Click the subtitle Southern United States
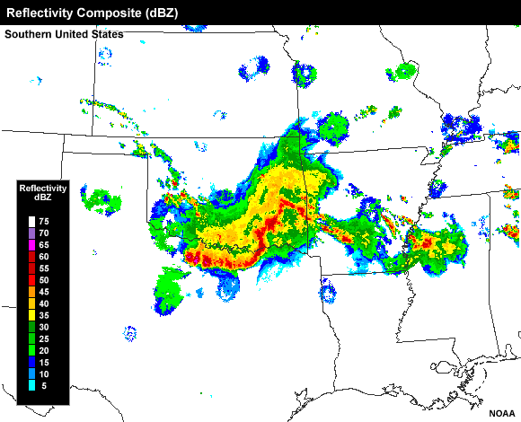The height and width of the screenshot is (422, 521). pyautogui.click(x=64, y=34)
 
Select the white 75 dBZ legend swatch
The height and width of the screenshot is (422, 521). pyautogui.click(x=31, y=220)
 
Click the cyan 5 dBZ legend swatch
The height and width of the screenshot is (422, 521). pyautogui.click(x=31, y=386)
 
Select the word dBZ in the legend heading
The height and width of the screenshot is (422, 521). pyautogui.click(x=43, y=198)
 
